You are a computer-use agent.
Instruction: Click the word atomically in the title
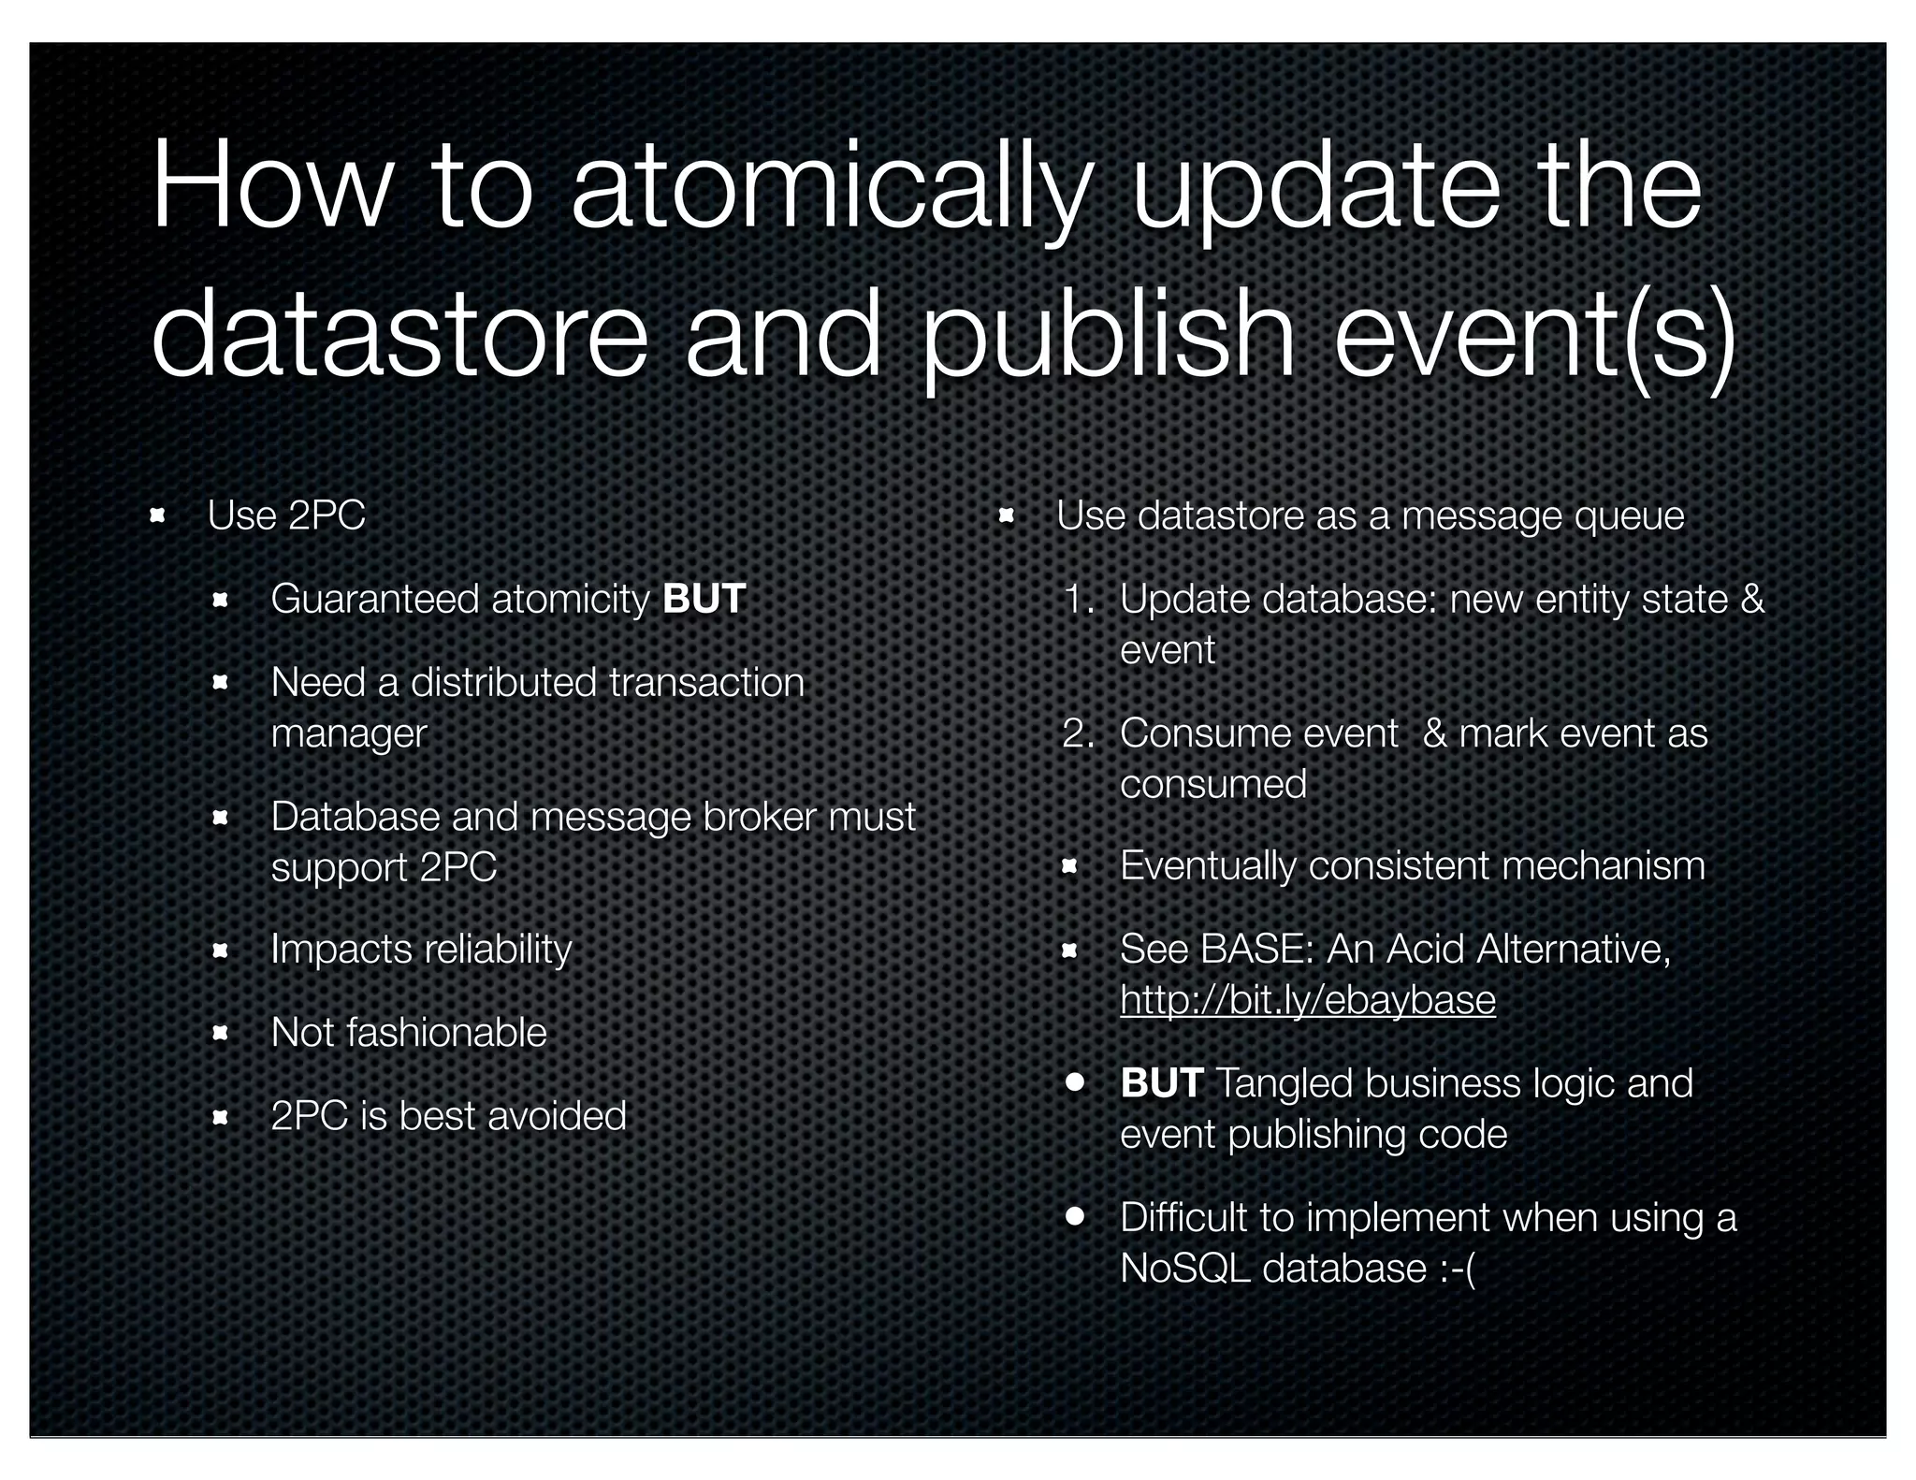(x=830, y=187)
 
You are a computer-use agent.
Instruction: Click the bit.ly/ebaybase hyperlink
(x=1308, y=1000)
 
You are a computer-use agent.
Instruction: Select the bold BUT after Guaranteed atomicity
(x=704, y=599)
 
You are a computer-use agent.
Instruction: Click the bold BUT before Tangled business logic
(x=1161, y=1083)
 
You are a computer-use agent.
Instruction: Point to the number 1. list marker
(x=1080, y=599)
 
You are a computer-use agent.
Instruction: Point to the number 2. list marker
(x=1079, y=733)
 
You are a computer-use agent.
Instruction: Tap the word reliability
(x=497, y=950)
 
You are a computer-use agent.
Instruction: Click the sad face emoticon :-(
(x=1457, y=1269)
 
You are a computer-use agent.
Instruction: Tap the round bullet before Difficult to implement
(x=1074, y=1216)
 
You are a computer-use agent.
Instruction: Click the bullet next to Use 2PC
(x=157, y=515)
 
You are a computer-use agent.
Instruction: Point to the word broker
(x=759, y=817)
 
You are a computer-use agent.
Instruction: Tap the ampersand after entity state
(x=1751, y=599)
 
